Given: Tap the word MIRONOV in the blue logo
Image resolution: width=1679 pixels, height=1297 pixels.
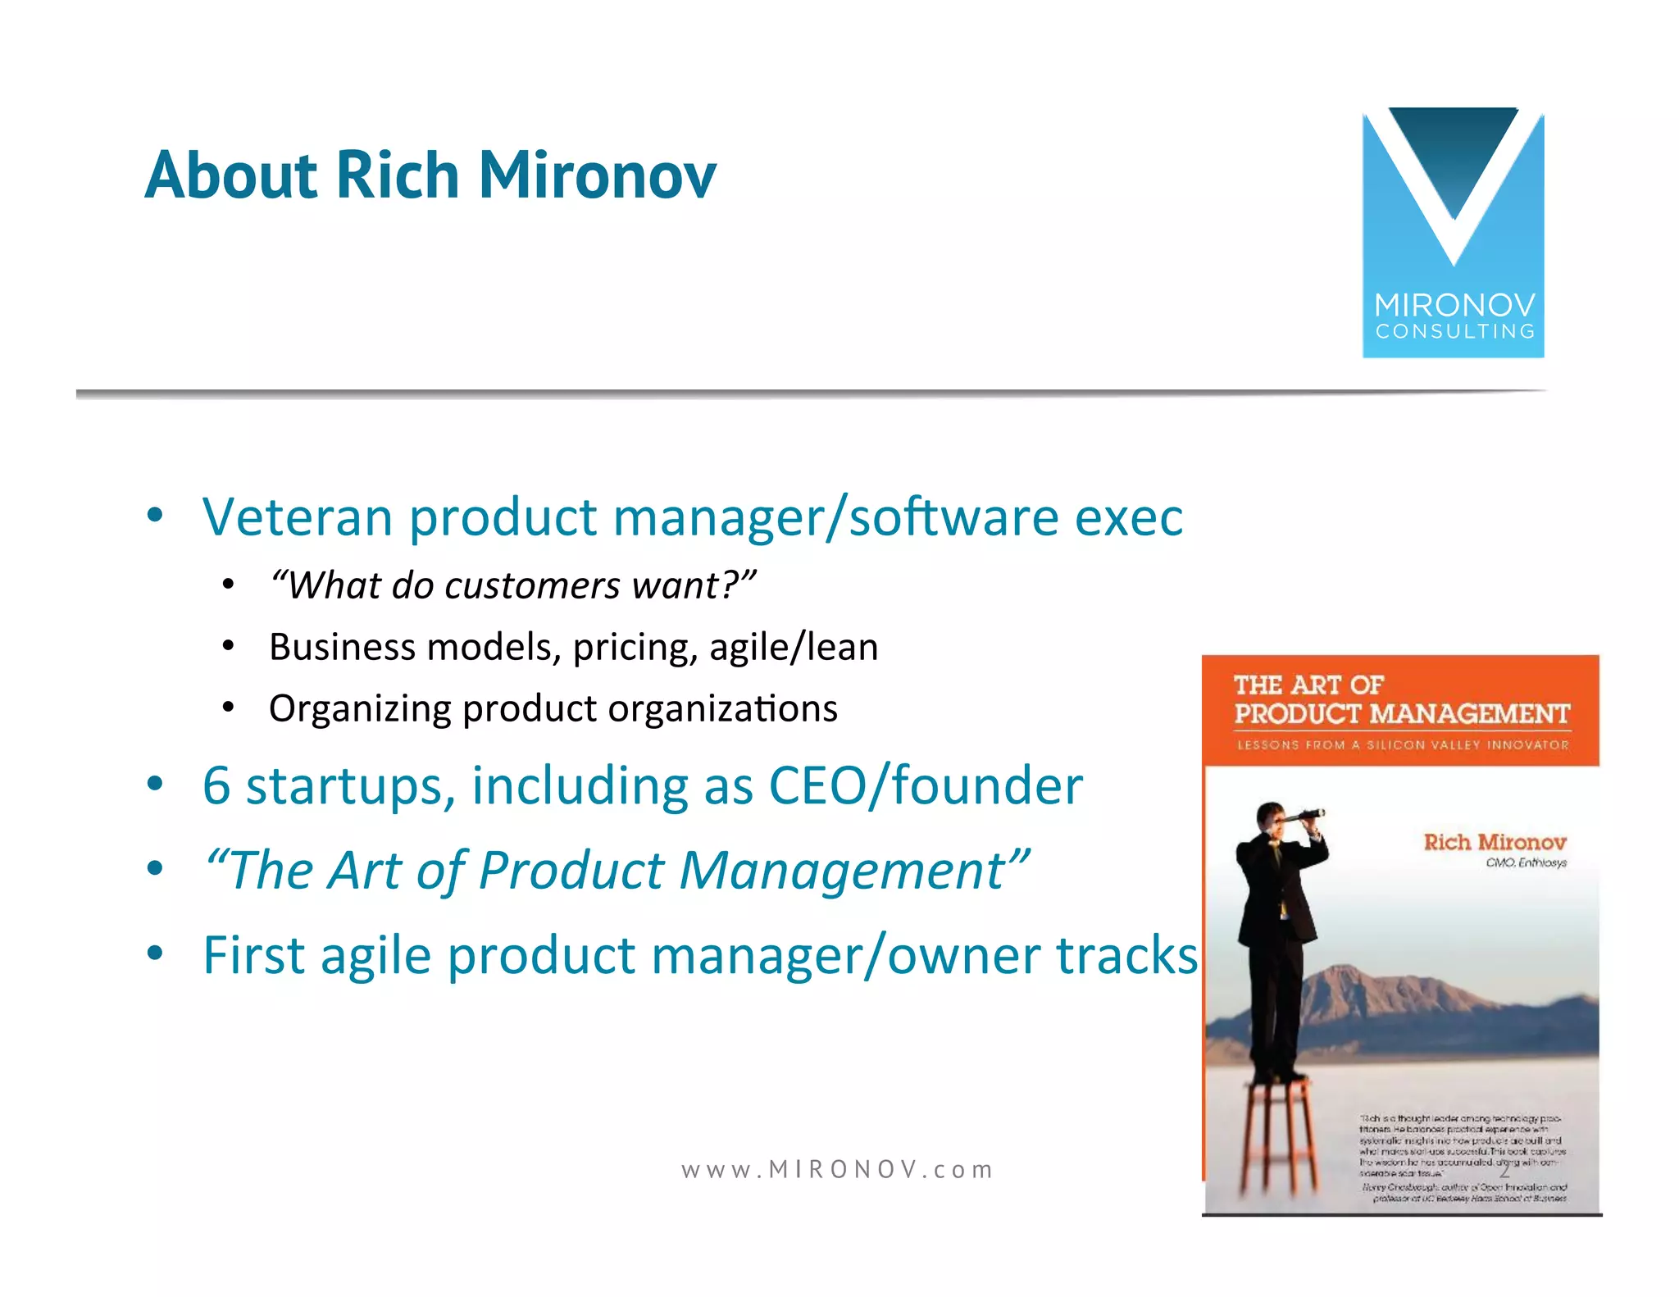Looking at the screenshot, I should point(1454,306).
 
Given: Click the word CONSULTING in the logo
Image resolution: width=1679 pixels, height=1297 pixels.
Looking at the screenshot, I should point(1454,332).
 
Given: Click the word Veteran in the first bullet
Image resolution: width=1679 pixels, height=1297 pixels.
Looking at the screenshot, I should point(298,517).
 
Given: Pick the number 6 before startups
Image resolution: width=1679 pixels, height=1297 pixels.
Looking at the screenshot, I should point(216,785).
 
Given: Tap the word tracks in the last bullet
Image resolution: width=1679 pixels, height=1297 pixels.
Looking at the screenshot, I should point(1126,955).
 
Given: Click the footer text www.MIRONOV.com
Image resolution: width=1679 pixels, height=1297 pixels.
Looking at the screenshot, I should point(837,1169).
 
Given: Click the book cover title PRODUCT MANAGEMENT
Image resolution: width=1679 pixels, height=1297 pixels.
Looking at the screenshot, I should point(1401,714).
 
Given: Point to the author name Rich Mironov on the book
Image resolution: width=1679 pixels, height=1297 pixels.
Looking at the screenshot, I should point(1494,842).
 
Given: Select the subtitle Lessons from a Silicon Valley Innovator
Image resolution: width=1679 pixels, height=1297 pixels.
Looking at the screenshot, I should point(1401,745).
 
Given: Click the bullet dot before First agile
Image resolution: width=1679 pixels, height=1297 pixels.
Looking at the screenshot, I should point(155,953).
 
